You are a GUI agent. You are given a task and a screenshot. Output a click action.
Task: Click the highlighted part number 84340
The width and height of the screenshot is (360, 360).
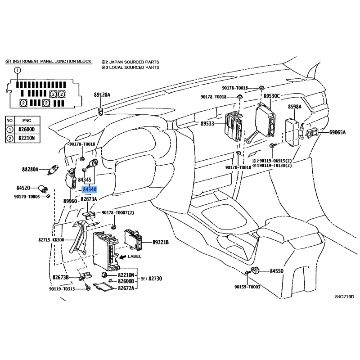90,190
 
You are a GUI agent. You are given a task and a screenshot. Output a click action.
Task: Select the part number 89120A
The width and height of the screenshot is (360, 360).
102,95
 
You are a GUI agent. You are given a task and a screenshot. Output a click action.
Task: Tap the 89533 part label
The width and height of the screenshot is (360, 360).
209,124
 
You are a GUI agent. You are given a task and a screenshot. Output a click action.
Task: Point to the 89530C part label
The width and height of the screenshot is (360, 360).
271,96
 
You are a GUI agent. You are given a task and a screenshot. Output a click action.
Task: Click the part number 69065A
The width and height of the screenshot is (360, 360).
337,132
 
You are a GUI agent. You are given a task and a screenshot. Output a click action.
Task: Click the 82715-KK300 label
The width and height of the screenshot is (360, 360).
51,240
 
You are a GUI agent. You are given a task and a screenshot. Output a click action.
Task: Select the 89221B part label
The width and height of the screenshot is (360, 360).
160,242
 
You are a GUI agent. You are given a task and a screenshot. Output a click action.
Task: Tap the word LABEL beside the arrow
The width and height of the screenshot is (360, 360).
135,256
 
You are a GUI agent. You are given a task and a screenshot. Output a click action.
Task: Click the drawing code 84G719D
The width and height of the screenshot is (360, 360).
344,297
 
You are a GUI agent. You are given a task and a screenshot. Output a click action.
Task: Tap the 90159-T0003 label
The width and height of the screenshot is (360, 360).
247,286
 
